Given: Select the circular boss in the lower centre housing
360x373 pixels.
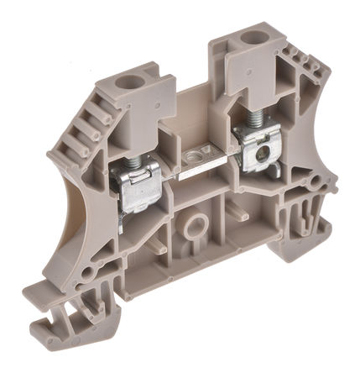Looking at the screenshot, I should (x=196, y=224).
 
